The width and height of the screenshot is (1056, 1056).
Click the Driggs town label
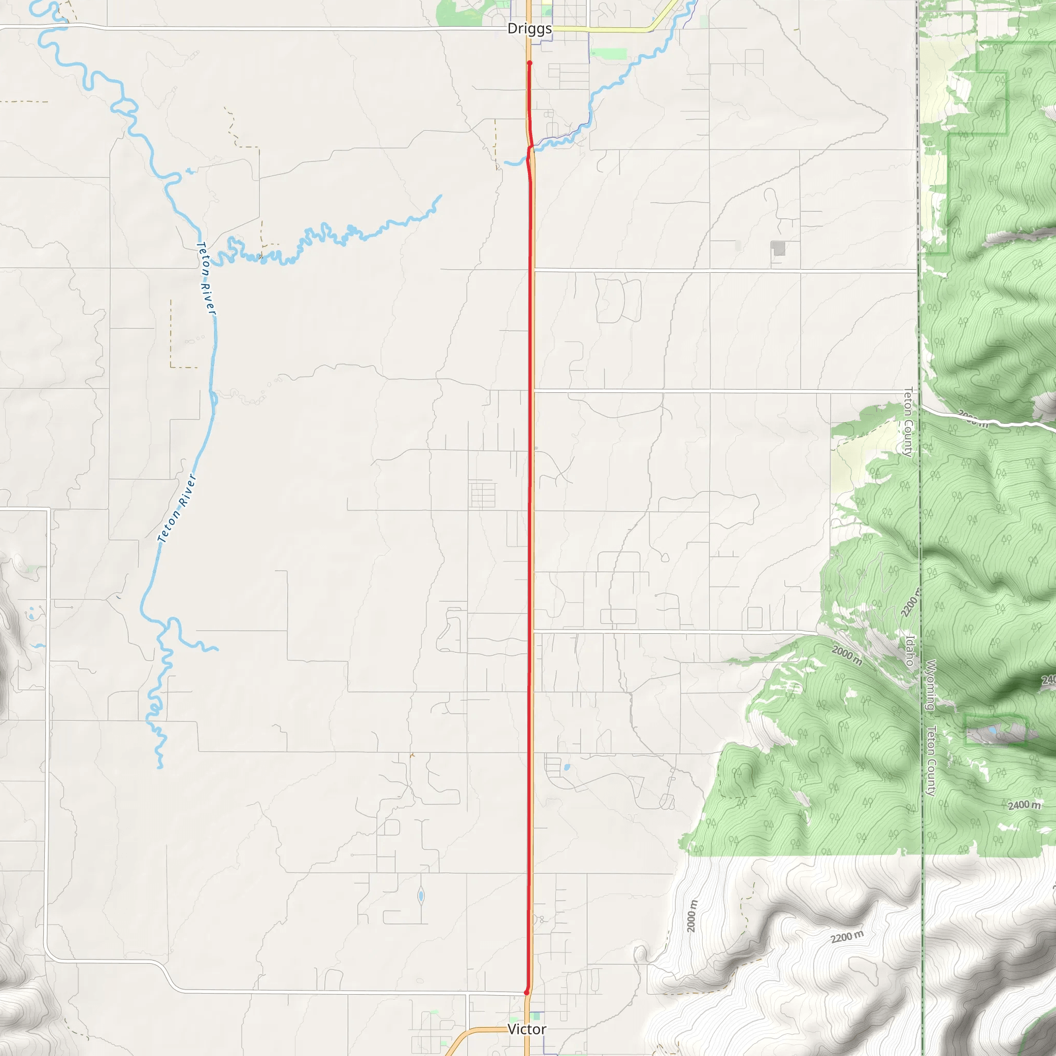[x=529, y=28]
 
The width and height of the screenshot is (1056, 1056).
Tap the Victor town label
[x=526, y=1029]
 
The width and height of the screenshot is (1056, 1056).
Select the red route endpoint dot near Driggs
[x=529, y=63]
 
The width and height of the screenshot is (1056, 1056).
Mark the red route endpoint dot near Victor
[x=526, y=992]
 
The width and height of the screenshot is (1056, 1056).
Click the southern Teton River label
[x=176, y=508]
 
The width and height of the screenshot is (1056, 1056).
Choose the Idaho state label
[x=910, y=650]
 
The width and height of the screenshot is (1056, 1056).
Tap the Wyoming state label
[x=930, y=685]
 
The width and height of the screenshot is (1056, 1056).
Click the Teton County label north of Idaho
[x=909, y=421]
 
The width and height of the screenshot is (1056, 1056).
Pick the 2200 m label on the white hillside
[x=847, y=937]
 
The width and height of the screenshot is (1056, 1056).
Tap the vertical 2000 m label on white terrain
[x=691, y=916]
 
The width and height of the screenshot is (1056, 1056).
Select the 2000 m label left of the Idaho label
[x=847, y=655]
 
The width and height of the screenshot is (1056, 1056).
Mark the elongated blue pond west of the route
[x=421, y=896]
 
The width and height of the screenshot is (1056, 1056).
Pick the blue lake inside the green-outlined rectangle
[x=992, y=730]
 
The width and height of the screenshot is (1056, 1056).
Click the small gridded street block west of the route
[x=483, y=493]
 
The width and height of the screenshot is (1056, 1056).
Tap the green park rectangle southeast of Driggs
[x=609, y=54]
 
